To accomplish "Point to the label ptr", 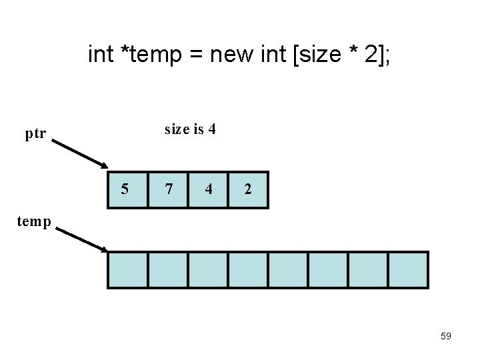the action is [x=35, y=134].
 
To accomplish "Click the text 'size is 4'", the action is [x=190, y=129].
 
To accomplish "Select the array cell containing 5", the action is [x=127, y=189].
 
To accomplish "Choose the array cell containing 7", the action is [x=168, y=189].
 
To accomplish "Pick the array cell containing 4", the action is [x=208, y=189].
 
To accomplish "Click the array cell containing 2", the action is [x=248, y=189].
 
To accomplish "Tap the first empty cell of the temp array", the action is [x=127, y=269].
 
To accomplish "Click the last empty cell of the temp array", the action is [x=407, y=269].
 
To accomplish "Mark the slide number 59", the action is [x=446, y=336].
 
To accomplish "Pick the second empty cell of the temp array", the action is [x=167, y=269].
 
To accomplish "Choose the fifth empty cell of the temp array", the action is [x=287, y=269].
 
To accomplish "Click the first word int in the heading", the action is [x=101, y=55].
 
